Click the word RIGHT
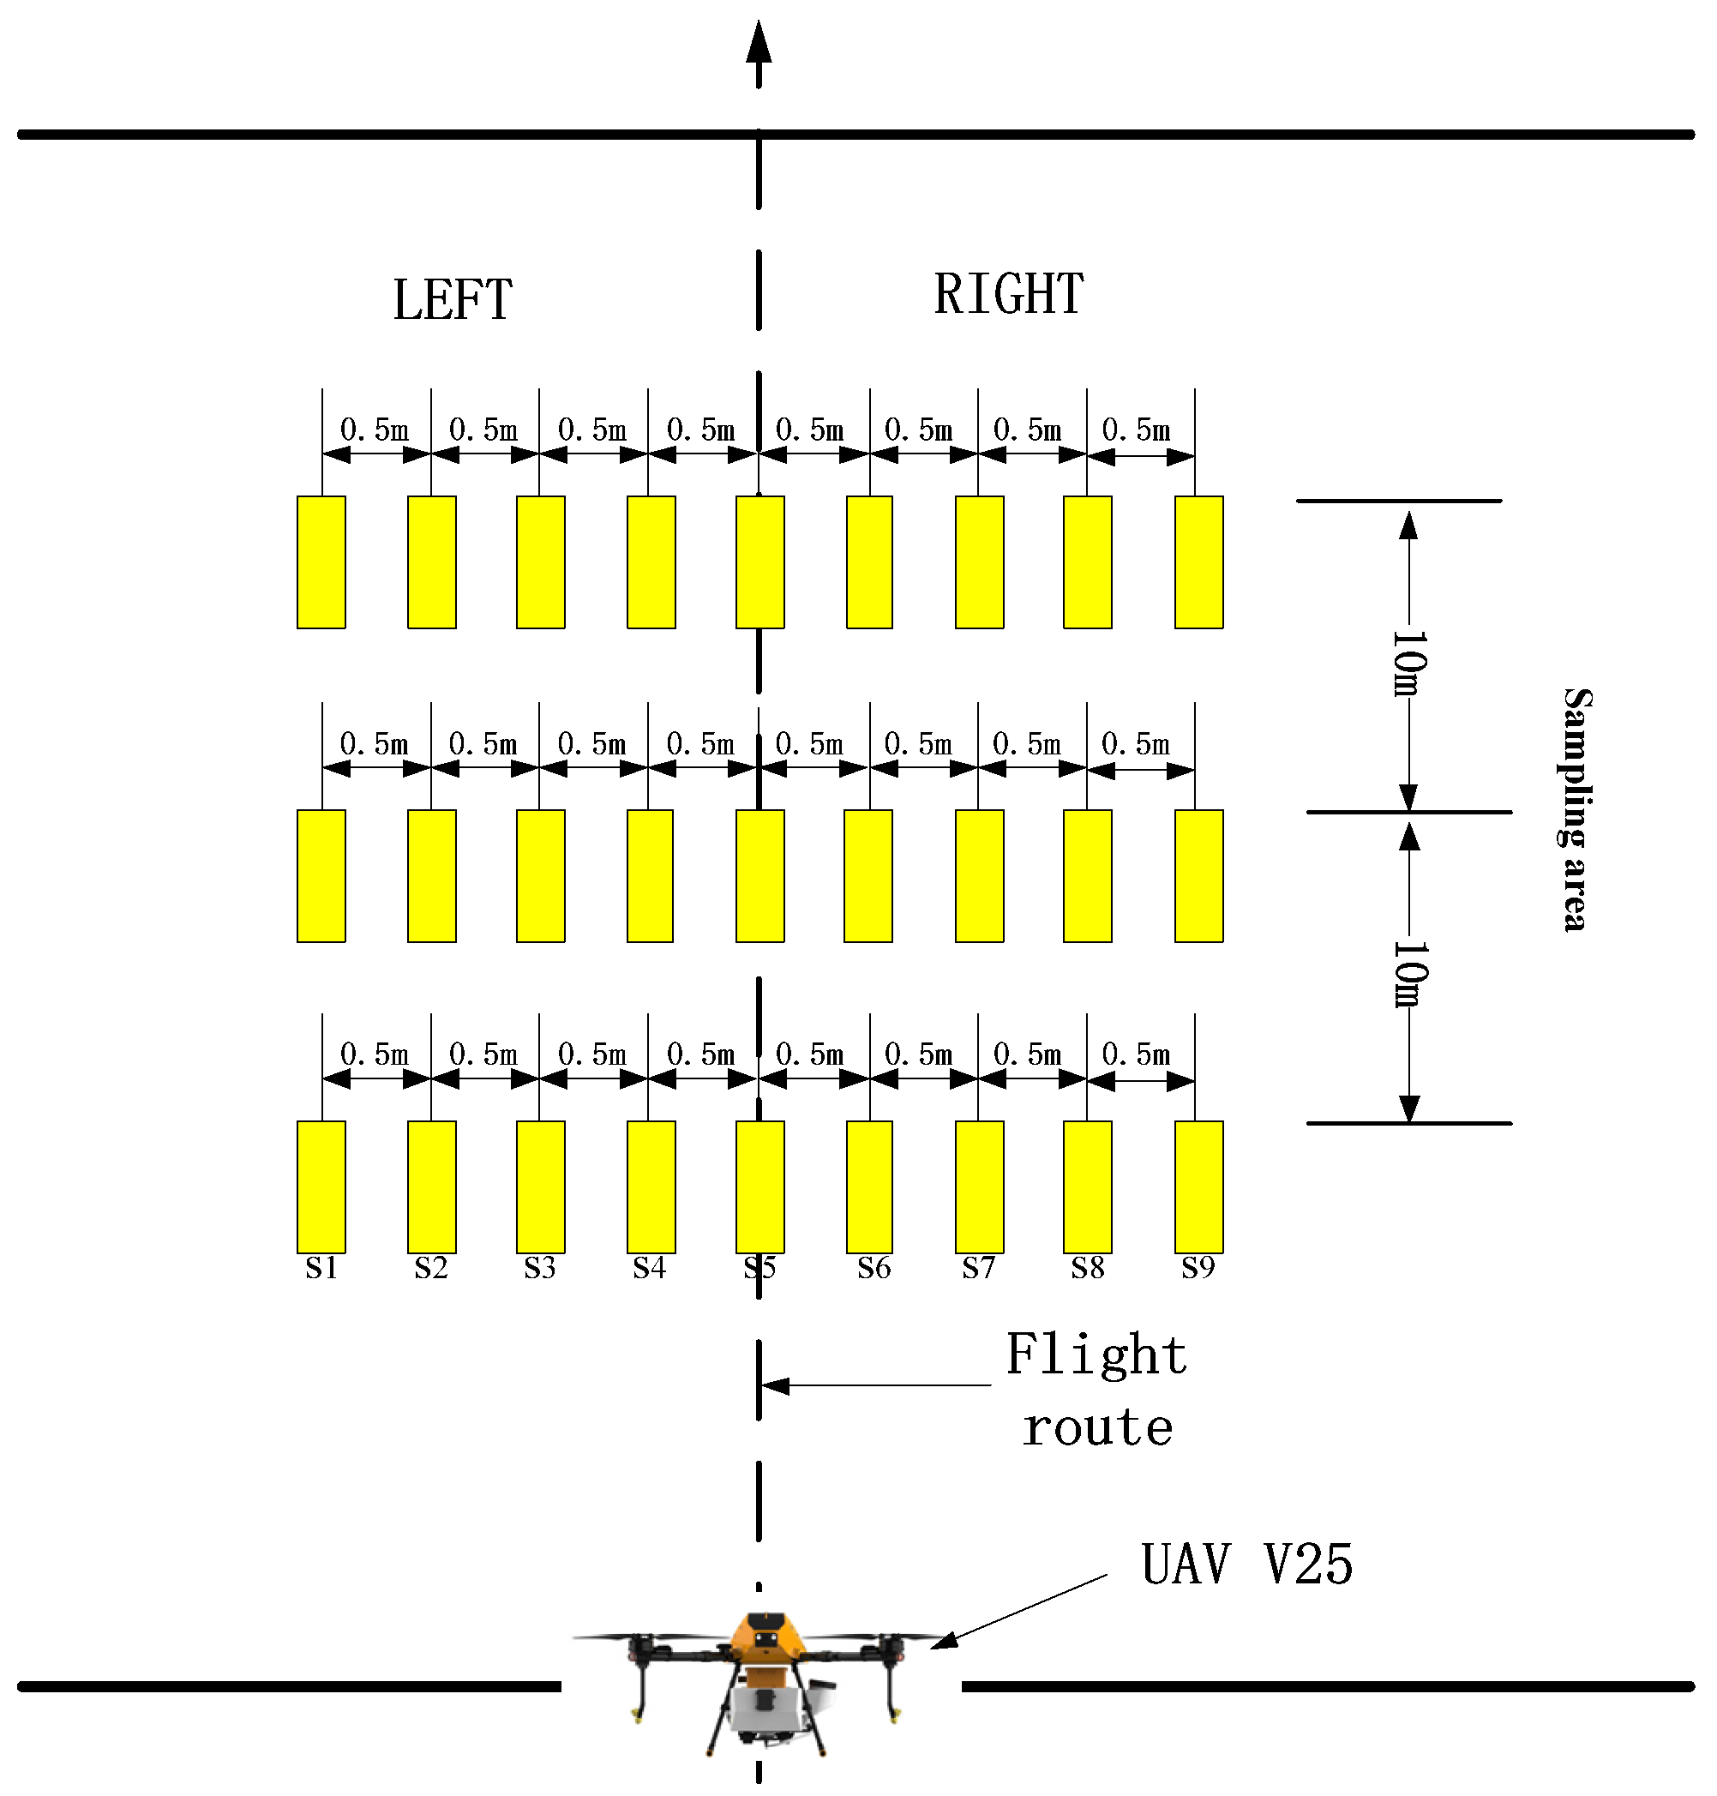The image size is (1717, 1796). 1009,295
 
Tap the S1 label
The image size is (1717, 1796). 321,1268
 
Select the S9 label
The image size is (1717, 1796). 1198,1268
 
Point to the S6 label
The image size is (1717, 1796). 874,1268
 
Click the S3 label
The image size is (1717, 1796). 539,1268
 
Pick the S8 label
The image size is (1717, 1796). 1087,1268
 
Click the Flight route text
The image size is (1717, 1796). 1096,1390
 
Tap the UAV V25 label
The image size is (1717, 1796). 1246,1564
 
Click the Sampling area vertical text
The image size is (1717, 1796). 1576,809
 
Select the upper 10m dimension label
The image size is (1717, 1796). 1408,663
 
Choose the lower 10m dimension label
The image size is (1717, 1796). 1408,974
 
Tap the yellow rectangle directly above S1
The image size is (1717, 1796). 321,1186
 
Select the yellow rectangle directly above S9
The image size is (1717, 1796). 1199,1186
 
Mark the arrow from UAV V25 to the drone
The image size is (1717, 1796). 1016,1612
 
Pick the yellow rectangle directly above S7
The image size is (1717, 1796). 979,1186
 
